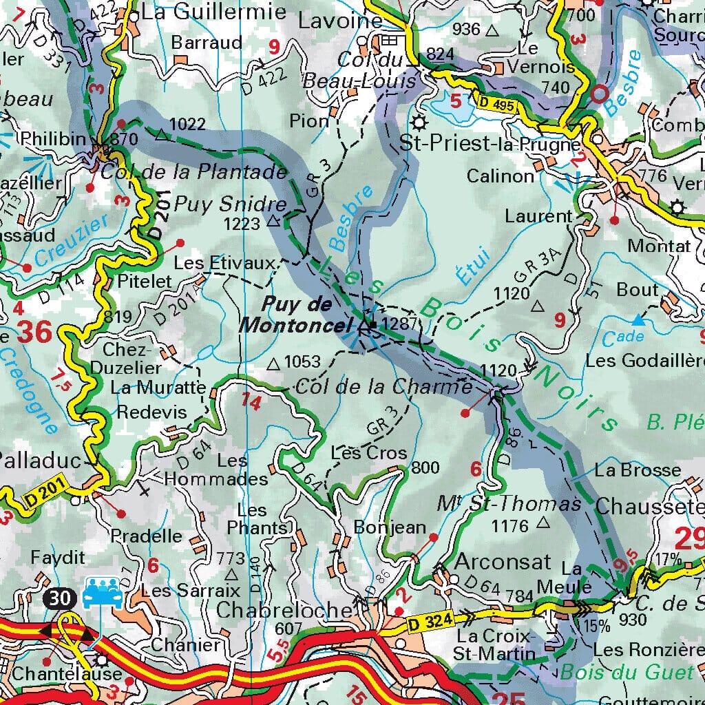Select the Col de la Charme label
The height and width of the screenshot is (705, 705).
383,387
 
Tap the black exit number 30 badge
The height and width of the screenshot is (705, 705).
60,598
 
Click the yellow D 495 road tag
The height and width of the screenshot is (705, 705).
496,104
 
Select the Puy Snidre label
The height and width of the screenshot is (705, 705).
229,204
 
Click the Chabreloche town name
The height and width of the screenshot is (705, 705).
284,609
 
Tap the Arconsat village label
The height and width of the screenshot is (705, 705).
503,561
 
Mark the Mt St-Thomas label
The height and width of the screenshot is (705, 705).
509,504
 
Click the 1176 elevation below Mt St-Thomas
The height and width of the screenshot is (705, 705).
509,526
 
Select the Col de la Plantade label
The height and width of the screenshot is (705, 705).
193,171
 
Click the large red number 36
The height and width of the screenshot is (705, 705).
34,333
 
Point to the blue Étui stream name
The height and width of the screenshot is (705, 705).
472,265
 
